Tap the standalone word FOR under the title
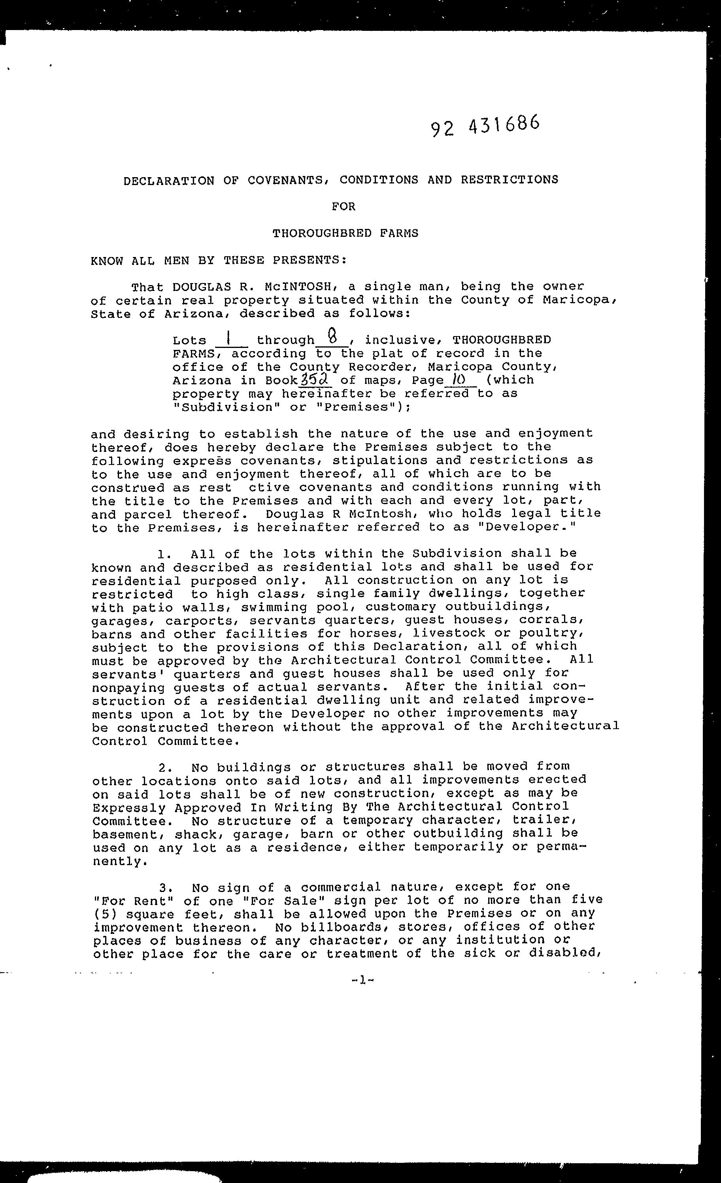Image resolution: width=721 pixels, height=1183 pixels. coord(344,207)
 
